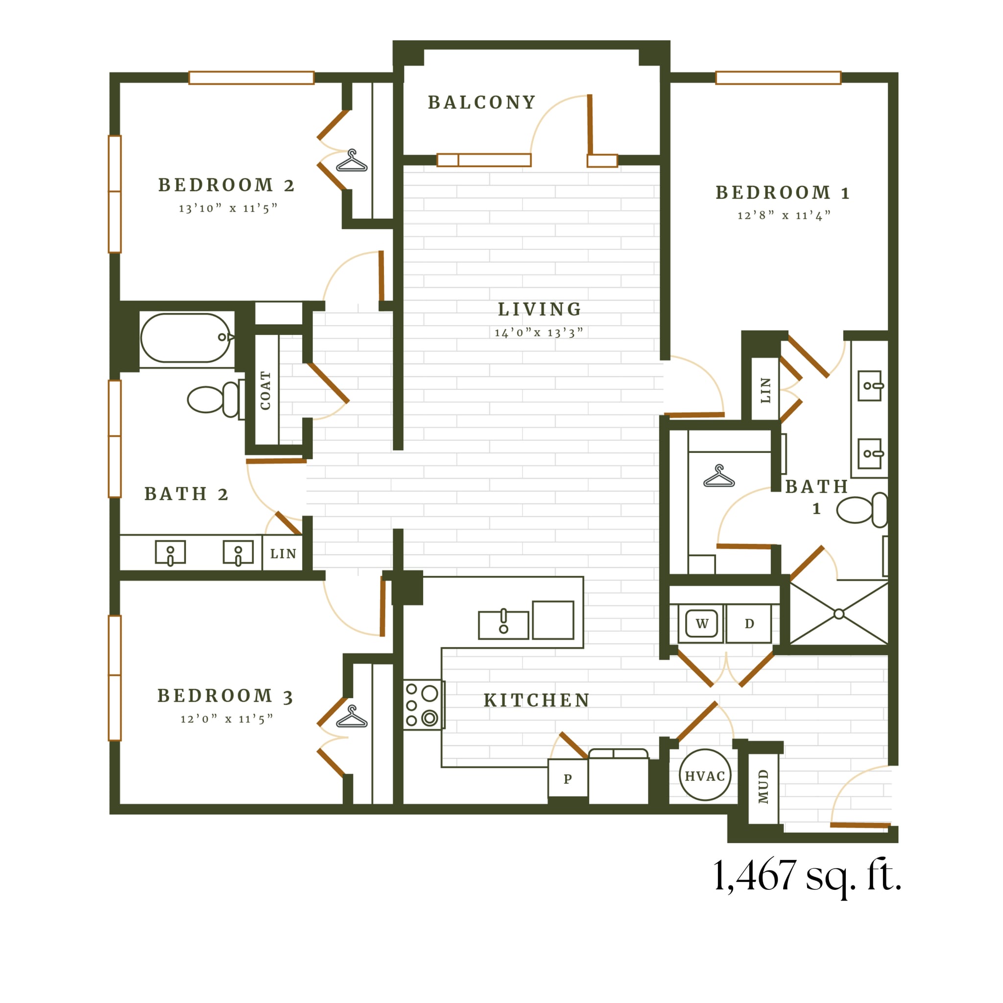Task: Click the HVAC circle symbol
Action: (705, 776)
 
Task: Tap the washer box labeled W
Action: (701, 623)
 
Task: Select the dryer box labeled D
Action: (749, 623)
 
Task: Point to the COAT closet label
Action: (266, 390)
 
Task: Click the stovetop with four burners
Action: (423, 705)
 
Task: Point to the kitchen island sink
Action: (503, 624)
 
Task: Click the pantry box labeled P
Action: (568, 779)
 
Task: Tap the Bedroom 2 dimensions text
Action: (228, 208)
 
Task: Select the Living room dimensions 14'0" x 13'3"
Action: (539, 332)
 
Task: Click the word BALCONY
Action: (481, 102)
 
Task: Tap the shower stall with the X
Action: (839, 614)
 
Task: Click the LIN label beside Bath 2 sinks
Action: (283, 554)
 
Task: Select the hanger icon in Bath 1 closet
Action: (719, 476)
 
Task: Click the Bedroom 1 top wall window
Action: (778, 78)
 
